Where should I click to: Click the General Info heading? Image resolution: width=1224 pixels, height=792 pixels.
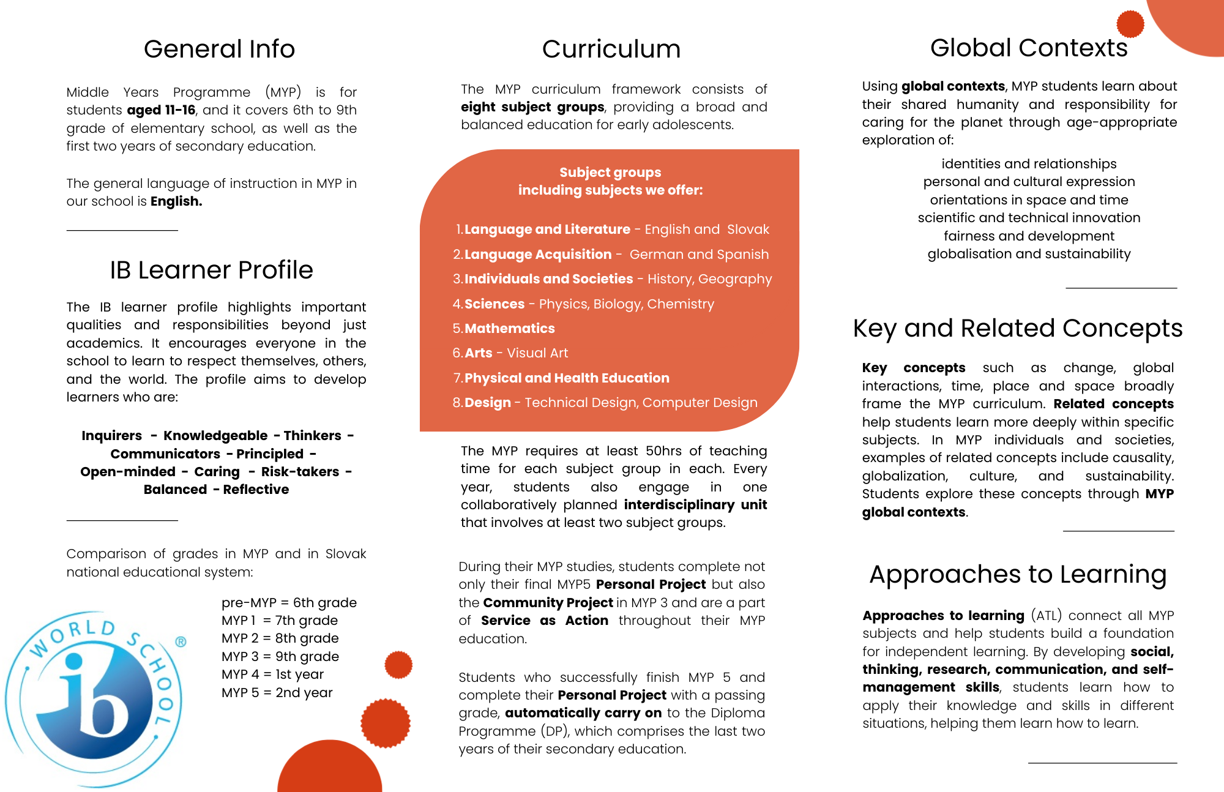(219, 49)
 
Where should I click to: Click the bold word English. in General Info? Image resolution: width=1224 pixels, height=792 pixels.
(176, 201)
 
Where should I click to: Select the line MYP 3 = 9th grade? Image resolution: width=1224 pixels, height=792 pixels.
(280, 656)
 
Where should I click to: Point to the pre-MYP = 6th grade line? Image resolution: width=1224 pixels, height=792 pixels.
(289, 602)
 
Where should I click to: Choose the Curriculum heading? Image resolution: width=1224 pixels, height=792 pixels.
(611, 49)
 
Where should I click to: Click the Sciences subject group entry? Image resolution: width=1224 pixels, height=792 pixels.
(494, 304)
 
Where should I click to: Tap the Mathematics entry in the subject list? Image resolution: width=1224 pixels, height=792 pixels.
(509, 328)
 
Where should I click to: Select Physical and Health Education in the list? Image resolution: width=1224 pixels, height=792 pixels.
(567, 378)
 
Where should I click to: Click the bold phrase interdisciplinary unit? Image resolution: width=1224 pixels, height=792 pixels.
(695, 504)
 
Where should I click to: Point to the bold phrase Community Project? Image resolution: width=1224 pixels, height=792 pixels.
(548, 602)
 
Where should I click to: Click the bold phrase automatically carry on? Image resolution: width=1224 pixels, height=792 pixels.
(583, 712)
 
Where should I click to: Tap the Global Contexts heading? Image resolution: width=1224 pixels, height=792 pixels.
(1028, 48)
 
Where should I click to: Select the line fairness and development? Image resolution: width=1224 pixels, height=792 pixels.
(1029, 236)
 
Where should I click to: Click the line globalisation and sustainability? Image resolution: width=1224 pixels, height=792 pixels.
(1029, 253)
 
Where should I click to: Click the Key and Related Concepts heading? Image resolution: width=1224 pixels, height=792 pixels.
(1017, 328)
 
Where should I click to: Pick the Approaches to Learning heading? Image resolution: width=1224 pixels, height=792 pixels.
(1017, 574)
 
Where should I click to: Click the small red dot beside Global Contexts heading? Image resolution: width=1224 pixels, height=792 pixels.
(1130, 24)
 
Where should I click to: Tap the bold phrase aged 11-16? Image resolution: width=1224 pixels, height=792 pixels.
(161, 110)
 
